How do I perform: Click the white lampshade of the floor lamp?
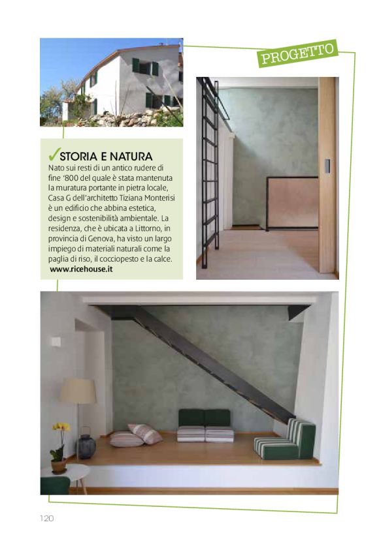point(78,391)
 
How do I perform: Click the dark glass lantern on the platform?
point(87,446)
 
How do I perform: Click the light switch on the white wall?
point(57,341)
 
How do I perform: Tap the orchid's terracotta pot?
point(59,466)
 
